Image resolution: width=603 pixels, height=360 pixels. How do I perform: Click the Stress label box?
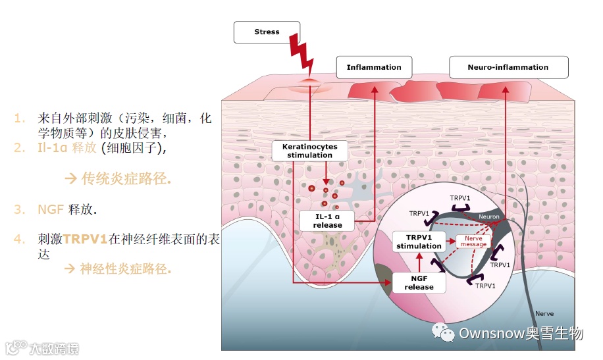pos(267,32)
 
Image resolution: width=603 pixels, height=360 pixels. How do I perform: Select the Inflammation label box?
pos(374,67)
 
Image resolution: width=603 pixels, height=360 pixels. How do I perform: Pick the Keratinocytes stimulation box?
pos(309,151)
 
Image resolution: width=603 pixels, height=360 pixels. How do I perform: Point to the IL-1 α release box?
pos(328,220)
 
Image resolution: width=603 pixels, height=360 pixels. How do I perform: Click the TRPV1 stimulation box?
pos(419,242)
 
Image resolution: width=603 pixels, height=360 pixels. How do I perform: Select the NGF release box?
pos(419,283)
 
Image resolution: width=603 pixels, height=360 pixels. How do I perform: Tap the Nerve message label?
pos(473,242)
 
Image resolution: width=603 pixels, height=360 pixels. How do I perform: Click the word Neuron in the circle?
pos(488,217)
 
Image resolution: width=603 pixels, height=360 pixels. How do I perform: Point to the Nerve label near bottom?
pos(544,313)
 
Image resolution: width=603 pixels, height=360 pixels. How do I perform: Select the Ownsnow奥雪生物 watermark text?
pos(521,334)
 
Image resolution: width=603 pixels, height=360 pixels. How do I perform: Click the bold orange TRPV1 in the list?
pos(85,239)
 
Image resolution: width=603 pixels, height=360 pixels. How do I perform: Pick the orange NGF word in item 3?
pos(50,209)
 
